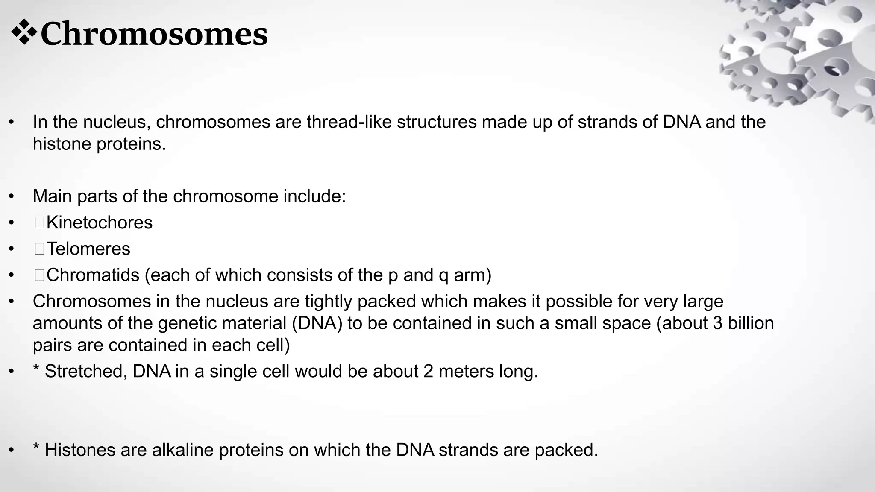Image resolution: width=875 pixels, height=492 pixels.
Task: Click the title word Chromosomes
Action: pos(154,34)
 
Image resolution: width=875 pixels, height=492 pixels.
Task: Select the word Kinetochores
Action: pos(99,223)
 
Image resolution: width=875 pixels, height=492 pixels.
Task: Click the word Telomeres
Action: pos(88,249)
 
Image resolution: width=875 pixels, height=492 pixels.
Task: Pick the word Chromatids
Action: pos(93,275)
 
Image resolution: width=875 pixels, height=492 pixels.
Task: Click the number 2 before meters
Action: pos(429,371)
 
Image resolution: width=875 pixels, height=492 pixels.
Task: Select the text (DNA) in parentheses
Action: pos(317,323)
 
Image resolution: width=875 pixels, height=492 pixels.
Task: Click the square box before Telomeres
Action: pos(39,249)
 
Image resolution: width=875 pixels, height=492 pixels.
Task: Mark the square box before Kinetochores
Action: pos(39,223)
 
